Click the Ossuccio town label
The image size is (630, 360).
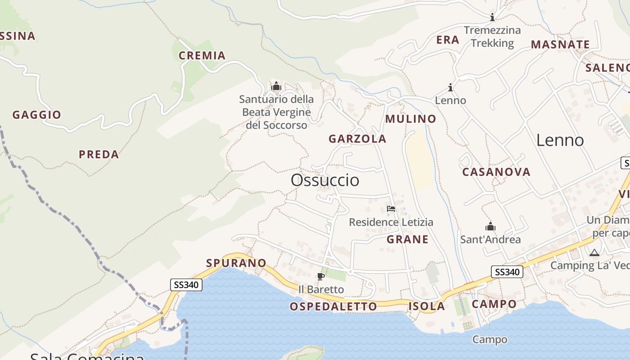pos(325,180)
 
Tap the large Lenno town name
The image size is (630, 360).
pos(560,140)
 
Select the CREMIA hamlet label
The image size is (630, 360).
pos(202,55)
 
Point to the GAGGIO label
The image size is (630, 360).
pos(37,115)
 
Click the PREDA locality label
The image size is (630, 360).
pos(99,154)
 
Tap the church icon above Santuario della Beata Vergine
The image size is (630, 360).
pos(276,86)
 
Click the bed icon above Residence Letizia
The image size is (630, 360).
pos(391,209)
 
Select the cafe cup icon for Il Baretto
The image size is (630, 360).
pos(321,276)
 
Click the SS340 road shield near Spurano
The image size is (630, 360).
pos(186,284)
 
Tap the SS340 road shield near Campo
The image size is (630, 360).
pos(507,272)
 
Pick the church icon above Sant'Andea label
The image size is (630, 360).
pos(490,226)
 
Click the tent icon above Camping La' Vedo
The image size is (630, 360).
pos(594,252)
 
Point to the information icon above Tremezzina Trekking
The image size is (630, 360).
pos(492,18)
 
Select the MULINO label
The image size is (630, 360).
pos(411,119)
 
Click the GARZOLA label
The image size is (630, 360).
pos(357,139)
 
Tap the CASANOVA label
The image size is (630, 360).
pos(496,172)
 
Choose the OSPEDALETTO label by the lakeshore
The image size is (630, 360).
pos(333,306)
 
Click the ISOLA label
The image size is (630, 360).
pos(427,306)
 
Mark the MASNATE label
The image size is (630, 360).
pos(560,45)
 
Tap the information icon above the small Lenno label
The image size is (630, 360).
pos(450,87)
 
